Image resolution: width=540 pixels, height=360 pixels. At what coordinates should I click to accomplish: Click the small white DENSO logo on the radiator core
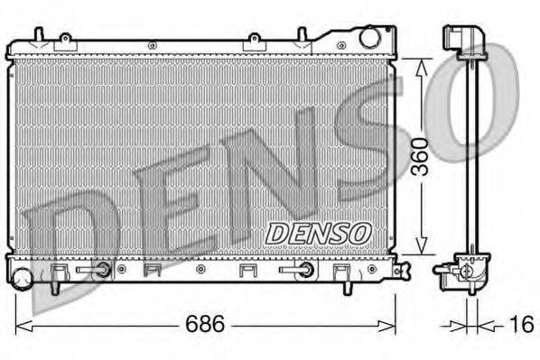[318, 232]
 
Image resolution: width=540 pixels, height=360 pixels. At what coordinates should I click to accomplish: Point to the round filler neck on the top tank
[370, 38]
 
